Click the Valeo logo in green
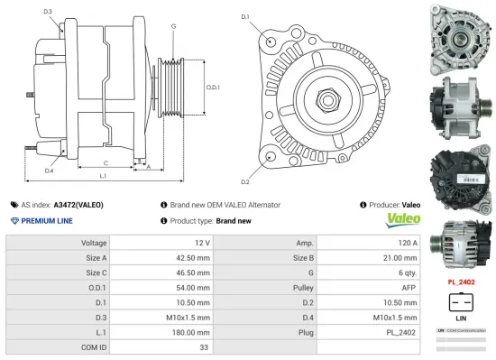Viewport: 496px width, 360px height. (x=403, y=219)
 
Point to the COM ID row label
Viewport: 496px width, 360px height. (x=95, y=346)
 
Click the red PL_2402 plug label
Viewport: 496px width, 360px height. (x=461, y=282)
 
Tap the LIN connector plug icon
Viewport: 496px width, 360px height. (x=461, y=301)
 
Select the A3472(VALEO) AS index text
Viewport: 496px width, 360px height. (x=78, y=205)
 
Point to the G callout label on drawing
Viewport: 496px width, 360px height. (x=173, y=26)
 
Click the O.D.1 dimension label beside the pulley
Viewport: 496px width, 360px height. (x=213, y=87)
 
